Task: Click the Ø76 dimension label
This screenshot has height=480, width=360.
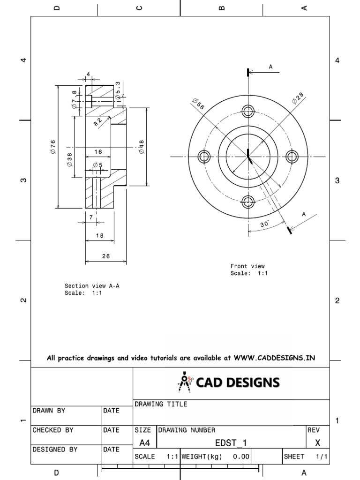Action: point(53,146)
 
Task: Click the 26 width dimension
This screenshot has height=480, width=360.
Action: point(105,256)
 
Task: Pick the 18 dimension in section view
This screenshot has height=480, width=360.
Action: point(99,235)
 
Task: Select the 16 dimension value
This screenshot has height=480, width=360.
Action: point(98,151)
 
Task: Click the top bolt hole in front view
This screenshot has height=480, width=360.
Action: point(247,111)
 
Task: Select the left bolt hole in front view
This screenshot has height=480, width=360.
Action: point(203,157)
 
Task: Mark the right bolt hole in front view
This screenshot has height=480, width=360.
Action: point(292,157)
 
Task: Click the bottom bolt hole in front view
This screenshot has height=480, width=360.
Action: point(247,202)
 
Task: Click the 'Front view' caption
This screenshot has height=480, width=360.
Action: point(247,266)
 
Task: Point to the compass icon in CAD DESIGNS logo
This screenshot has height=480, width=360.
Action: point(184,382)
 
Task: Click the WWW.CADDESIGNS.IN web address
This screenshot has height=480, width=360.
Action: point(274,358)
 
